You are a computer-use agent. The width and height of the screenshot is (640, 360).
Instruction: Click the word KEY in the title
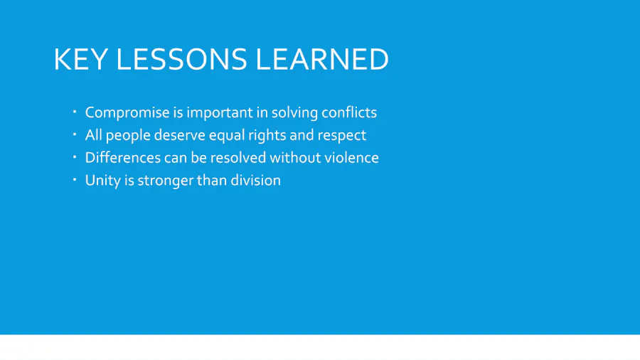pyautogui.click(x=81, y=59)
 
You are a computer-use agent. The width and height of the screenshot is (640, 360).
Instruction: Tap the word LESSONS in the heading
pyautogui.click(x=181, y=59)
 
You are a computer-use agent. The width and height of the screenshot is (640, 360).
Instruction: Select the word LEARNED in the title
pyautogui.click(x=322, y=59)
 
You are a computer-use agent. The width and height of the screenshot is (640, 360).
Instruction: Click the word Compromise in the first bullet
pyautogui.click(x=127, y=112)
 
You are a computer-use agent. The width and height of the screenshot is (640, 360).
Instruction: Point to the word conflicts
pyautogui.click(x=349, y=112)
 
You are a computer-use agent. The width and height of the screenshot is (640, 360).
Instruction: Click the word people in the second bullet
pyautogui.click(x=128, y=135)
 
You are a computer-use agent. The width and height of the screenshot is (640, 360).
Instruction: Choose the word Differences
pyautogui.click(x=123, y=157)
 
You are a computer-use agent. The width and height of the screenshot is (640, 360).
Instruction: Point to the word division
pyautogui.click(x=255, y=180)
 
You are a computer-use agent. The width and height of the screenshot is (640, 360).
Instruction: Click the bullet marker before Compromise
pyautogui.click(x=75, y=112)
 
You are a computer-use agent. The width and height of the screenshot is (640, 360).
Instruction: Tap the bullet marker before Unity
pyautogui.click(x=75, y=179)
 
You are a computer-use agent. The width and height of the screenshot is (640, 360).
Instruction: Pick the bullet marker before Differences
pyautogui.click(x=75, y=157)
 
